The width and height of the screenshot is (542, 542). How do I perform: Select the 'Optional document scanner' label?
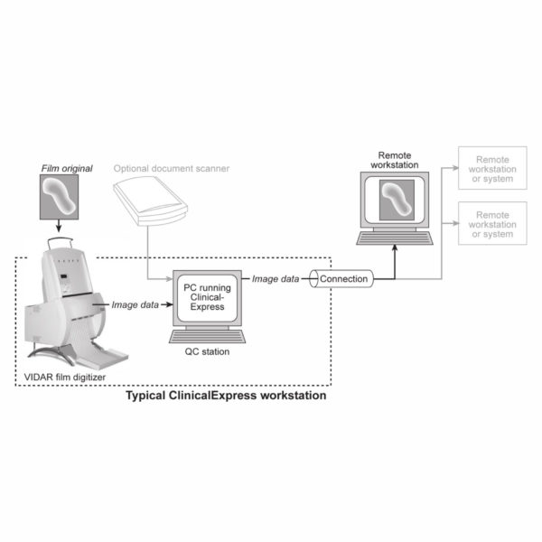pos(173,168)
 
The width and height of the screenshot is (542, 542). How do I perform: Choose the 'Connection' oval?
pos(343,279)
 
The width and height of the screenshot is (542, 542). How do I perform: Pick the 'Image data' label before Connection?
pos(276,279)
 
